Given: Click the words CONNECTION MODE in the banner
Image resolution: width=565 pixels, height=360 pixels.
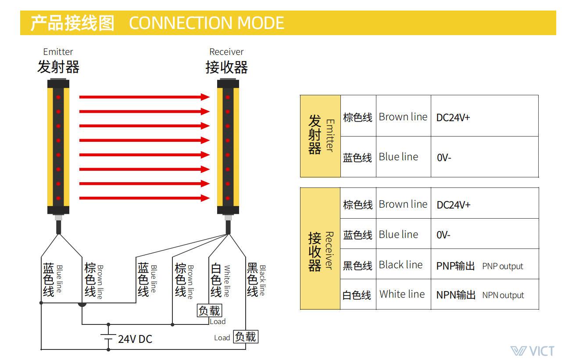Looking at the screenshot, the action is pos(206,23).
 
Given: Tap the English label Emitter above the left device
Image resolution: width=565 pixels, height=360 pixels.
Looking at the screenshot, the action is pos(58,52).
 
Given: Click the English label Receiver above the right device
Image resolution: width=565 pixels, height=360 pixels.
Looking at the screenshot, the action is pos(226,52).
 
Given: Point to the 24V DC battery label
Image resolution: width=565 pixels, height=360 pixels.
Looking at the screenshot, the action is pos(135,339).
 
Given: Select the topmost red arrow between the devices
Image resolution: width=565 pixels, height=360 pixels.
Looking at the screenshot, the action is pos(144,97).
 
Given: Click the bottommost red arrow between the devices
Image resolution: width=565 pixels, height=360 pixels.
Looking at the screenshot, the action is pos(144,198).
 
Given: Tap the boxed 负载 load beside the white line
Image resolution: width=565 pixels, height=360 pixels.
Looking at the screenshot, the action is pos(209,310).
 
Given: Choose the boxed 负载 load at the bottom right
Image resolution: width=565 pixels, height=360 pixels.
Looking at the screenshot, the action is pos(246,337).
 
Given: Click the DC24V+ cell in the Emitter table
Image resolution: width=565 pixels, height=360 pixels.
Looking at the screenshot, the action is pos(453,118).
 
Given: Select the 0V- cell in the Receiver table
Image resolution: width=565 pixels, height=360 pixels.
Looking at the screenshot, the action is pos(443,235).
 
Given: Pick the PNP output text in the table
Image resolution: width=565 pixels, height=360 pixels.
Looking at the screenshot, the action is pos(502,266).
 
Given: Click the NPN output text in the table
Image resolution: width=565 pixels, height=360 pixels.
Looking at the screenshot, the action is pos(503,295).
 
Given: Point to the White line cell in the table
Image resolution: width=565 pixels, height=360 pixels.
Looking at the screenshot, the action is pos(402,294).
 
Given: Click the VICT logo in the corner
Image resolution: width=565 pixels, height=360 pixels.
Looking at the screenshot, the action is pos(533,351).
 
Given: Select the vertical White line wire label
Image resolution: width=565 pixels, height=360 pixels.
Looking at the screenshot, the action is pos(227,281).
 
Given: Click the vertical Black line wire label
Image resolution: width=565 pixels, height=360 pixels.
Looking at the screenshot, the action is pos(263,280).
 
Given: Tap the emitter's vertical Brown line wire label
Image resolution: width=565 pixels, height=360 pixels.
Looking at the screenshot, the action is pos(100,282).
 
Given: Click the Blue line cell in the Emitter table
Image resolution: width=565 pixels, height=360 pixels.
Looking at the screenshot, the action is pos(398,157).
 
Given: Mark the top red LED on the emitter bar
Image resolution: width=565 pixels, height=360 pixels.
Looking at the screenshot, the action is pos(58,97).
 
